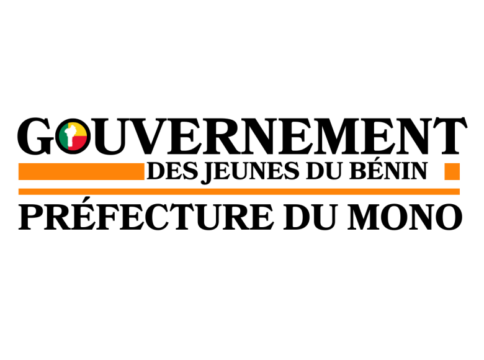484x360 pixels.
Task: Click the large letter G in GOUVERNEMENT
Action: [x=35, y=135]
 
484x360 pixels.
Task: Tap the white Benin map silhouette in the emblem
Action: [x=71, y=135]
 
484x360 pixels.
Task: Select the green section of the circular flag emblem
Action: [x=64, y=137]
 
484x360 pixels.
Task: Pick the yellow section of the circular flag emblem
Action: [x=80, y=130]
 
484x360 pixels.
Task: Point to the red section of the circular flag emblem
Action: [x=79, y=143]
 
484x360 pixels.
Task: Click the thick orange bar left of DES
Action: [x=81, y=171]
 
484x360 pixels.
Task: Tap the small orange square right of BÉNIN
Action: [x=452, y=171]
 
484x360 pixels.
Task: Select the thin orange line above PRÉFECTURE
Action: [x=240, y=191]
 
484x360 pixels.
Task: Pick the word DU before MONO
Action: [x=310, y=217]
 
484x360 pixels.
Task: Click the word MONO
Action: [x=405, y=217]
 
